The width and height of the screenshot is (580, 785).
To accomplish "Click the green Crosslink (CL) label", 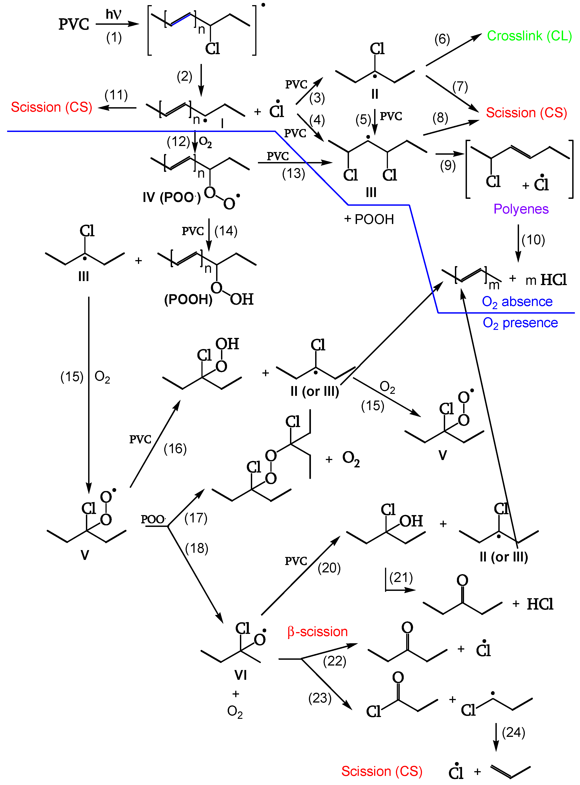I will pyautogui.click(x=529, y=36).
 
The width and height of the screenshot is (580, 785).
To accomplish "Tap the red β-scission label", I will pyautogui.click(x=317, y=632).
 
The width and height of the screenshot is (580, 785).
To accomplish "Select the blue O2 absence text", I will pyautogui.click(x=517, y=302).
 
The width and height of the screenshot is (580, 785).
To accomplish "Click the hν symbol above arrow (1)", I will pyautogui.click(x=114, y=14).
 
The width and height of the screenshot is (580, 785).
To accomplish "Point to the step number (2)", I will pyautogui.click(x=184, y=76).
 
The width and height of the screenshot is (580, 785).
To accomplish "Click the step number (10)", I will pyautogui.click(x=533, y=240).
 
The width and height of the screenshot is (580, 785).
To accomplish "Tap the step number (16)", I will pyautogui.click(x=175, y=449).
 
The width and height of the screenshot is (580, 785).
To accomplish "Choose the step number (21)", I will pyautogui.click(x=401, y=577).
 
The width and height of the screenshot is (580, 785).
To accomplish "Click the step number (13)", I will pyautogui.click(x=294, y=173).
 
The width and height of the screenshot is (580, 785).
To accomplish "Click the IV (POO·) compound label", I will pyautogui.click(x=171, y=197).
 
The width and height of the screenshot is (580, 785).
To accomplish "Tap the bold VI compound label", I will pyautogui.click(x=241, y=675).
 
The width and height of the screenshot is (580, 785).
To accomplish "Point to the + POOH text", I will pyautogui.click(x=369, y=219).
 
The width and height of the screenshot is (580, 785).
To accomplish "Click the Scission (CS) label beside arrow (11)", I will pyautogui.click(x=51, y=107).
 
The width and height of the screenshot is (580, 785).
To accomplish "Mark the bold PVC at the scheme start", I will pyautogui.click(x=74, y=25).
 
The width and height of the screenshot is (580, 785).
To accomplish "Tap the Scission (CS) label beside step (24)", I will pyautogui.click(x=382, y=771).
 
